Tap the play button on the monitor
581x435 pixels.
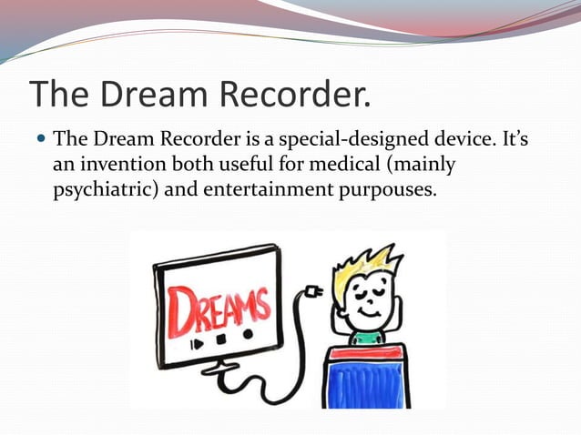(x=194, y=346)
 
